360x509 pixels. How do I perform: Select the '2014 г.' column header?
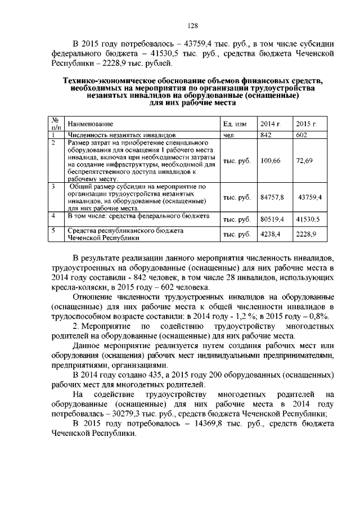point(270,123)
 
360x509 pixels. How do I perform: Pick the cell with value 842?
point(266,136)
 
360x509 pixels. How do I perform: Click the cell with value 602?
point(302,136)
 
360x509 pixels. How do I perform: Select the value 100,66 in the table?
point(270,161)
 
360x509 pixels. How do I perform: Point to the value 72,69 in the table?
point(304,161)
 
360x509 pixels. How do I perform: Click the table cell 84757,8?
point(272,197)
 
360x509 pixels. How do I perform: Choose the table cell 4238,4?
point(270,233)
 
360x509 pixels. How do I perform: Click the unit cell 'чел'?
point(228,136)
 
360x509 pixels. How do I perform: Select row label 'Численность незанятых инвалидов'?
point(122,136)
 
